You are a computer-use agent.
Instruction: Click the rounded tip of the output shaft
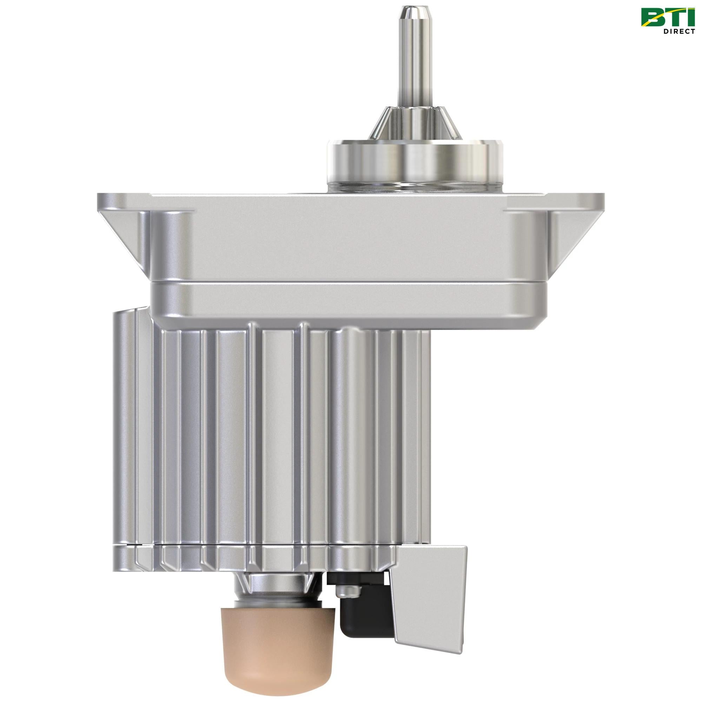coord(412,11)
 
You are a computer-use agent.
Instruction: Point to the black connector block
coord(354,614)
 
